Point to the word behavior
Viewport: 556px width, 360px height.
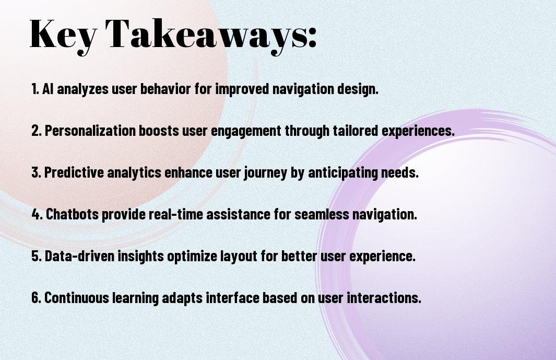click(x=166, y=89)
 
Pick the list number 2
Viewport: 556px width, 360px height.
click(x=37, y=131)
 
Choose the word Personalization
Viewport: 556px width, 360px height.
click(x=90, y=131)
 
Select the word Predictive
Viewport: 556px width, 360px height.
click(x=74, y=172)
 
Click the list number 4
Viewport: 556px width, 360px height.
click(x=37, y=214)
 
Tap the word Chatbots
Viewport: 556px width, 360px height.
click(x=73, y=214)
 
